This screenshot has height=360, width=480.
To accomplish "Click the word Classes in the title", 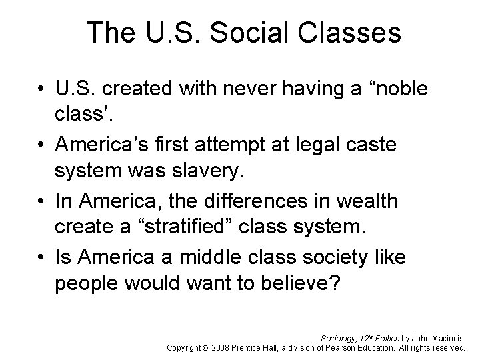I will pyautogui.click(x=351, y=33).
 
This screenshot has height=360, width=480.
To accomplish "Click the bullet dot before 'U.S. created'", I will pyautogui.click(x=42, y=90).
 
